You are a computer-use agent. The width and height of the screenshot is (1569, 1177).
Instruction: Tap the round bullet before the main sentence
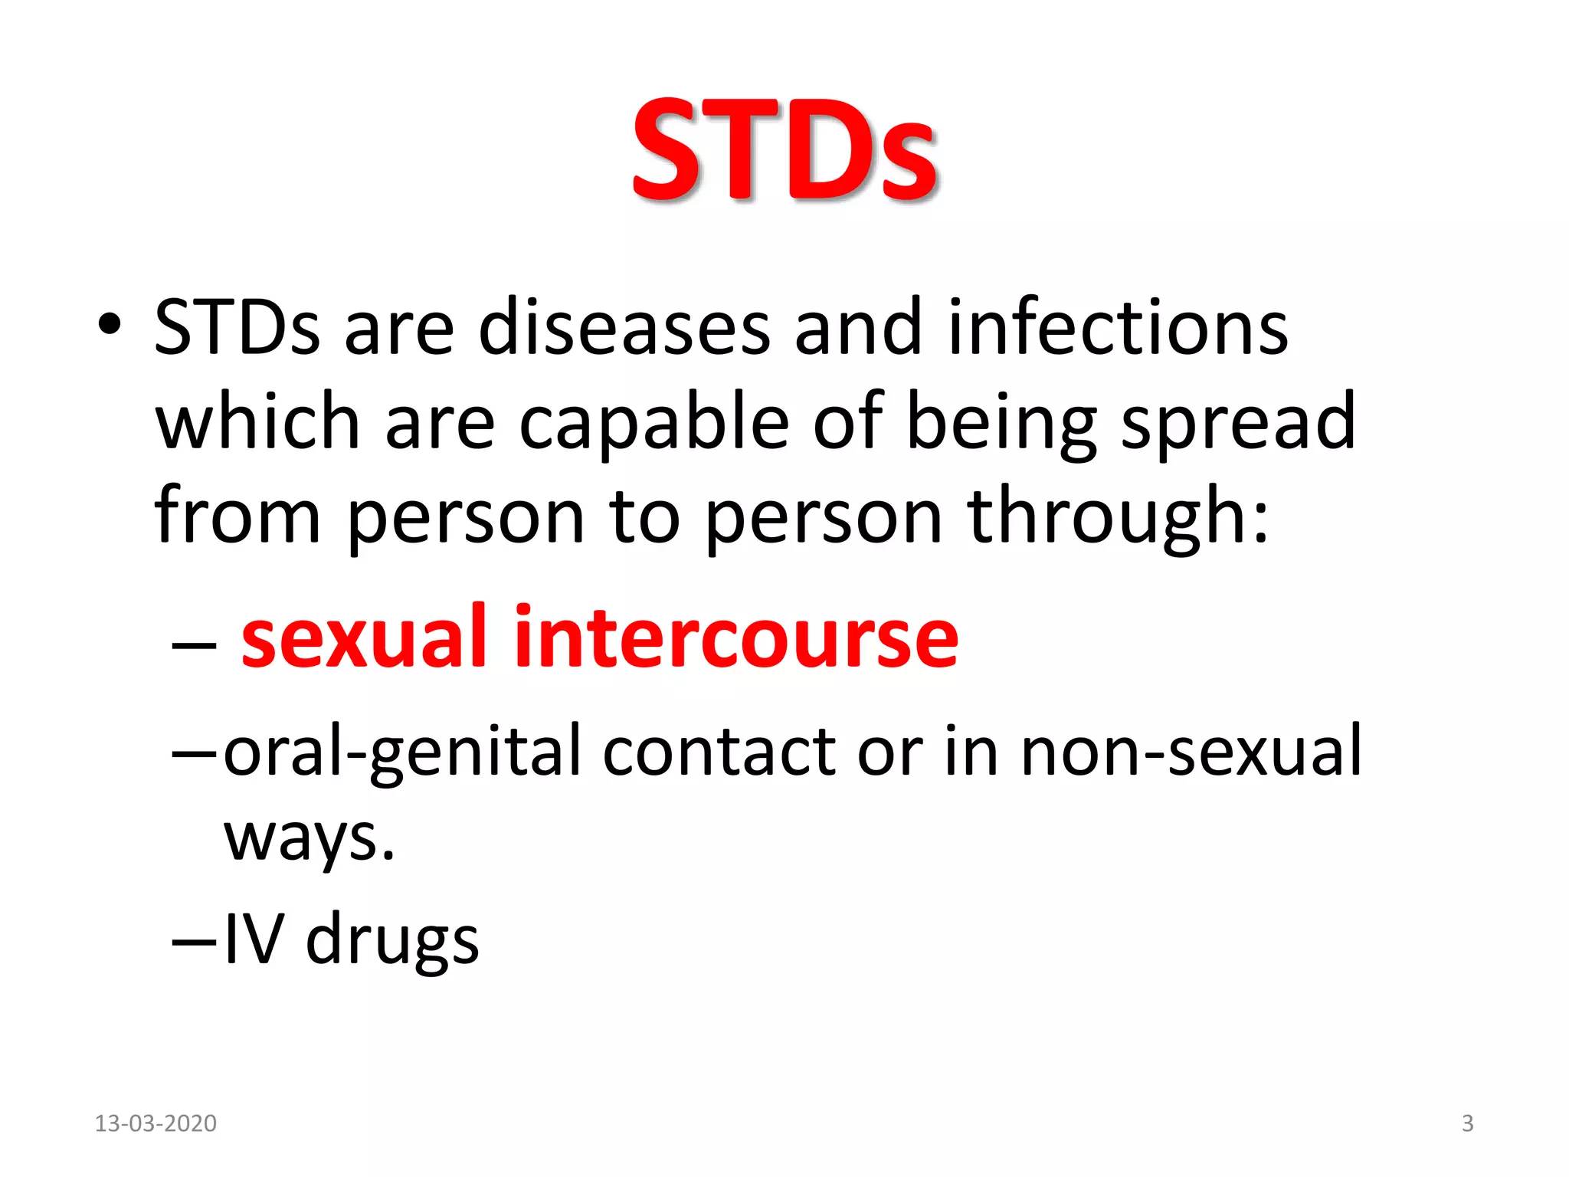tap(110, 324)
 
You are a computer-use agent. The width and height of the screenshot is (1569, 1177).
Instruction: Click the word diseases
tap(624, 328)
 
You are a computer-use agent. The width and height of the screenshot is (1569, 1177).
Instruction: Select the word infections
tap(1118, 328)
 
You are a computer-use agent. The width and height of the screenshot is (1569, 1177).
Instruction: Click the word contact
tap(719, 752)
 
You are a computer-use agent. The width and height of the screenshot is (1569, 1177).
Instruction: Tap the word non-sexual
tap(1191, 752)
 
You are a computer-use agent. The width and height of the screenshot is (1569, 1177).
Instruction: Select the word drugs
tap(392, 941)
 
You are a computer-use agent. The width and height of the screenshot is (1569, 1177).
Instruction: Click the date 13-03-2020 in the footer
tap(156, 1123)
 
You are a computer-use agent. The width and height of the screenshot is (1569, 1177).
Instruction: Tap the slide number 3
tap(1467, 1123)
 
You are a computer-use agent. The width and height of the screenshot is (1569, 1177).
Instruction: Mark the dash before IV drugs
tap(195, 942)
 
